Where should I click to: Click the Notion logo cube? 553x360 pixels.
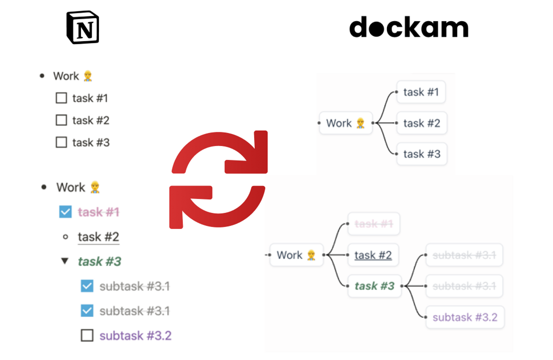click(x=83, y=27)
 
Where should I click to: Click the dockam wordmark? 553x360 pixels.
click(x=409, y=27)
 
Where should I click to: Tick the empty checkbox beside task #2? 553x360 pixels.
click(x=61, y=120)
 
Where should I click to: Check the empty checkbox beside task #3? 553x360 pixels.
click(x=61, y=143)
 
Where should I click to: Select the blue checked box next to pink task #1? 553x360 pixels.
click(x=66, y=212)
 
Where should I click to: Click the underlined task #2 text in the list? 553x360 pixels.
click(x=98, y=237)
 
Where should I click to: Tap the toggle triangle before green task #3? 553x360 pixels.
click(x=65, y=261)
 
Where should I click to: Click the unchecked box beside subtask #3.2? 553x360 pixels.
click(x=87, y=335)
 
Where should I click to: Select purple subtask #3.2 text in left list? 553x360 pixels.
click(x=135, y=336)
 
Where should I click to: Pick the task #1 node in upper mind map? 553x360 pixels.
click(x=421, y=92)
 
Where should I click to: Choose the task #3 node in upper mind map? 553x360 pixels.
click(x=422, y=154)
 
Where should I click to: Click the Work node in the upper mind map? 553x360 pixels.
click(x=345, y=123)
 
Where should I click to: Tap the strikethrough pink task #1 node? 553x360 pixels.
click(x=374, y=224)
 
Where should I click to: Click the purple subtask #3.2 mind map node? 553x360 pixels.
click(x=465, y=317)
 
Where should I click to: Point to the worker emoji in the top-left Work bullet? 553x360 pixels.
click(x=88, y=76)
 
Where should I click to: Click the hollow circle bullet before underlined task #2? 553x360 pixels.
click(x=66, y=237)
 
